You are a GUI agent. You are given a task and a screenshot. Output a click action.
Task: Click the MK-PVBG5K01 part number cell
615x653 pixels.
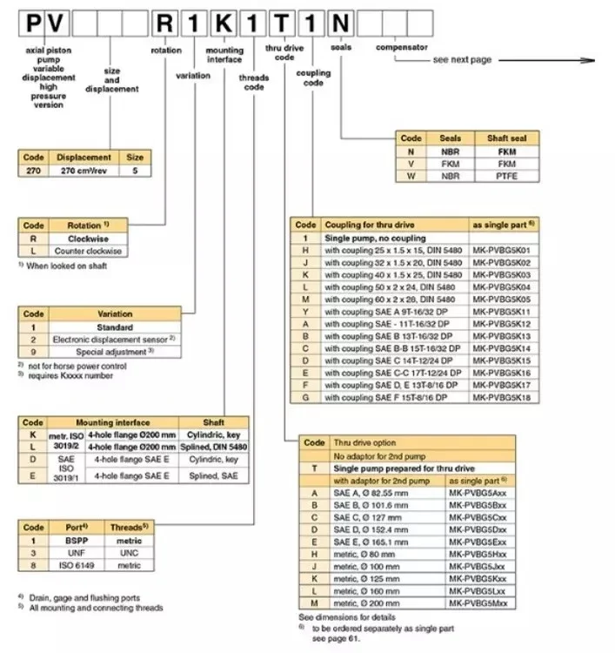tap(501, 248)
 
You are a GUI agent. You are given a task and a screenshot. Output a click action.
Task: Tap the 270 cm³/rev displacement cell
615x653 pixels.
tap(84, 170)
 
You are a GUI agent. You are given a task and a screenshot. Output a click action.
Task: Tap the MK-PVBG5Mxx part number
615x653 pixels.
tap(480, 602)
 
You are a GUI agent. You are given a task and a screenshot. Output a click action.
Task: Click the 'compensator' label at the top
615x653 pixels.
tap(401, 47)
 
